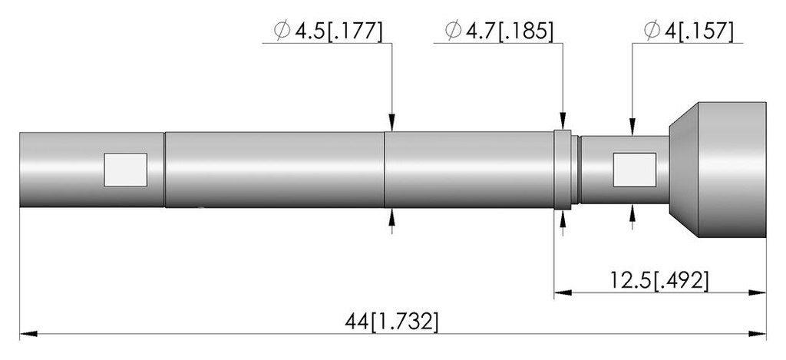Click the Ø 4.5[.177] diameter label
tap(328, 31)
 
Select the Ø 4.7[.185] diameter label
tap(499, 31)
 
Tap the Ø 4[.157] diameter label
tap(689, 31)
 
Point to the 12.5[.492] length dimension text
tap(659, 280)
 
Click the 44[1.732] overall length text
tap(391, 322)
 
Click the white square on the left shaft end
tap(125, 170)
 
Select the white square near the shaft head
tap(635, 170)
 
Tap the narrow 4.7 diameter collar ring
tap(563, 170)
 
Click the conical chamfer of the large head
tap(684, 170)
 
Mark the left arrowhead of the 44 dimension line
tap(28, 333)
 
